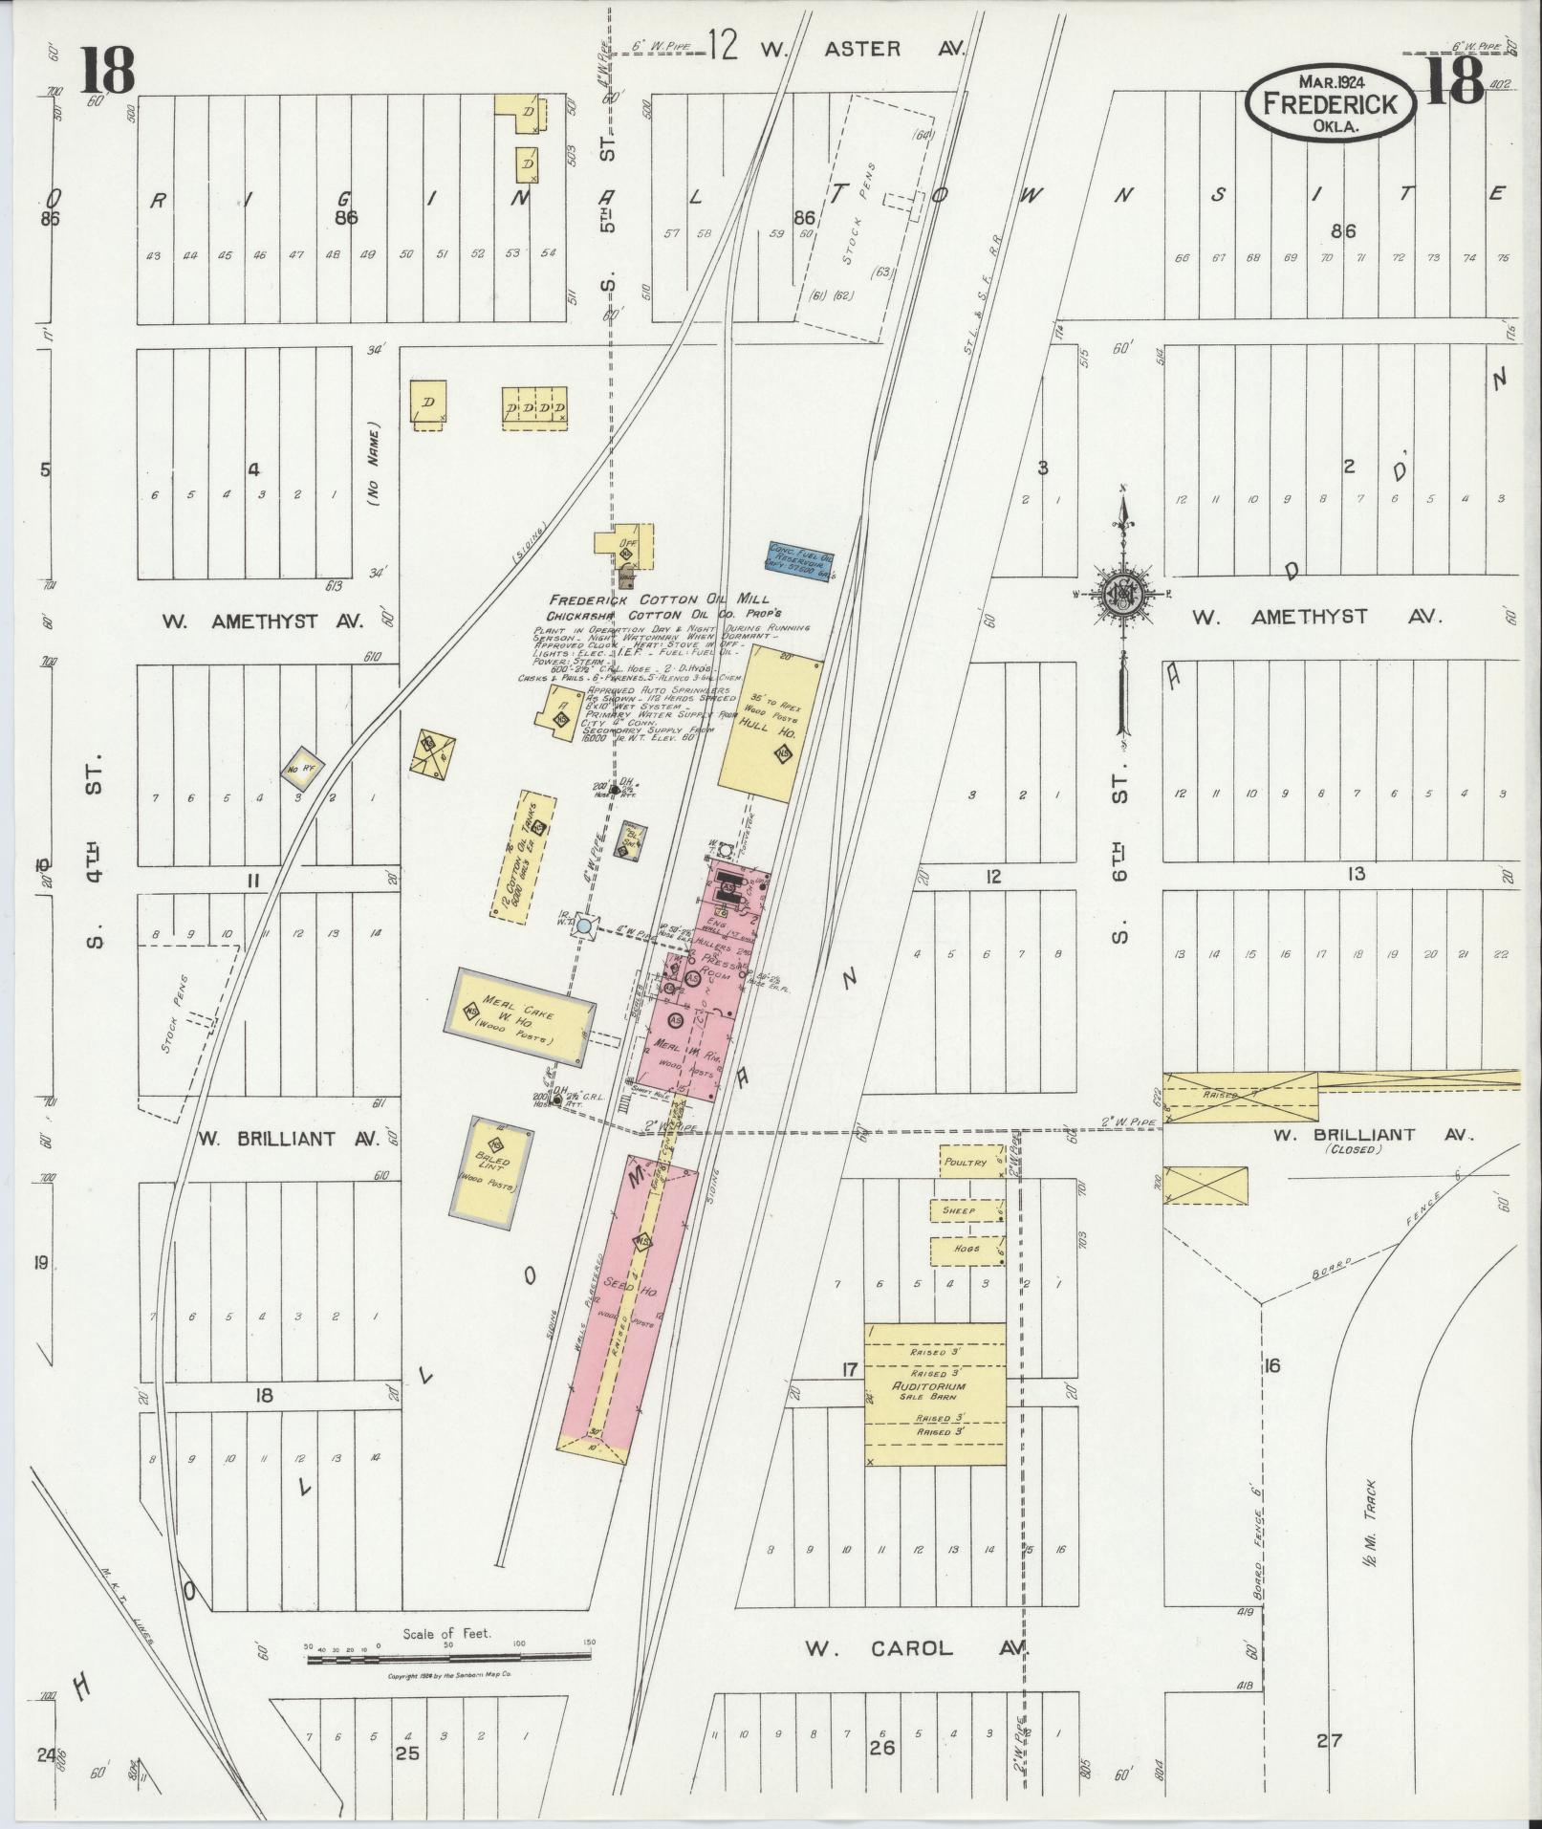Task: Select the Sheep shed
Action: tap(962, 1210)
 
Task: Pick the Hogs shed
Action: tap(964, 1250)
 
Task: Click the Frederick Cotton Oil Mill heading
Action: tap(659, 599)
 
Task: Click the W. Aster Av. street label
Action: tap(859, 49)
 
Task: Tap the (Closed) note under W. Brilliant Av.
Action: tap(1352, 1149)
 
